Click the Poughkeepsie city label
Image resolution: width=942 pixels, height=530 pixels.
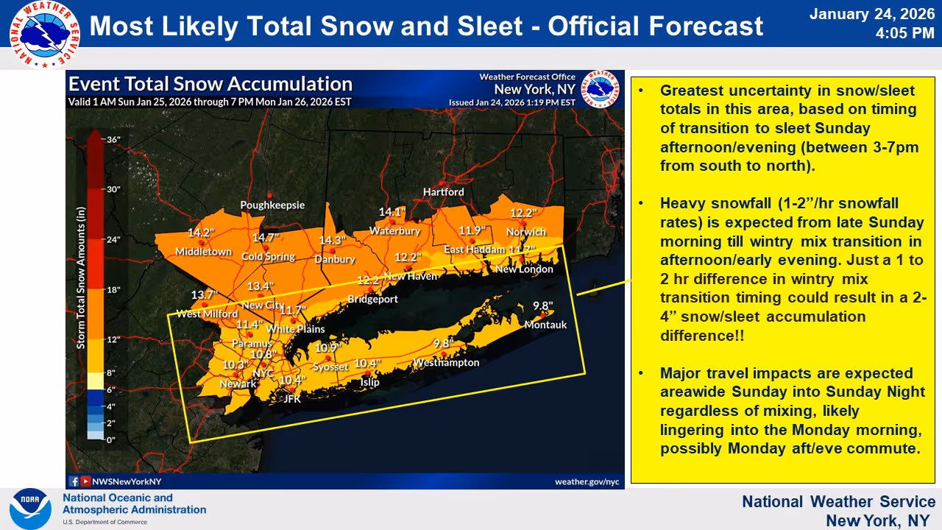[272, 205]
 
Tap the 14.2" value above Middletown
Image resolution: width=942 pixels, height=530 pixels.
[201, 233]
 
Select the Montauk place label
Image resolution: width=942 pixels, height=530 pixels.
[545, 325]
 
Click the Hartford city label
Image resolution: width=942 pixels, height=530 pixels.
[443, 191]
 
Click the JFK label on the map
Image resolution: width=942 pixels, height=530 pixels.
[292, 399]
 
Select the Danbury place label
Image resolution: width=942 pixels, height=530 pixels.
[335, 259]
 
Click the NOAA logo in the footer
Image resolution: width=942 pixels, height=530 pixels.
[30, 509]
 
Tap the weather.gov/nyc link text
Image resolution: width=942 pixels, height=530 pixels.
[587, 481]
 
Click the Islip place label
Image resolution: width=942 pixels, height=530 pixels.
[369, 382]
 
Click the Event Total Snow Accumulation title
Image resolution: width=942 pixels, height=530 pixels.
[210, 84]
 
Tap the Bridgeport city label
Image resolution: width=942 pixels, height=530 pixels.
[372, 299]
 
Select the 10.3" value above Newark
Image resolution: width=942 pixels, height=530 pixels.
[234, 365]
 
